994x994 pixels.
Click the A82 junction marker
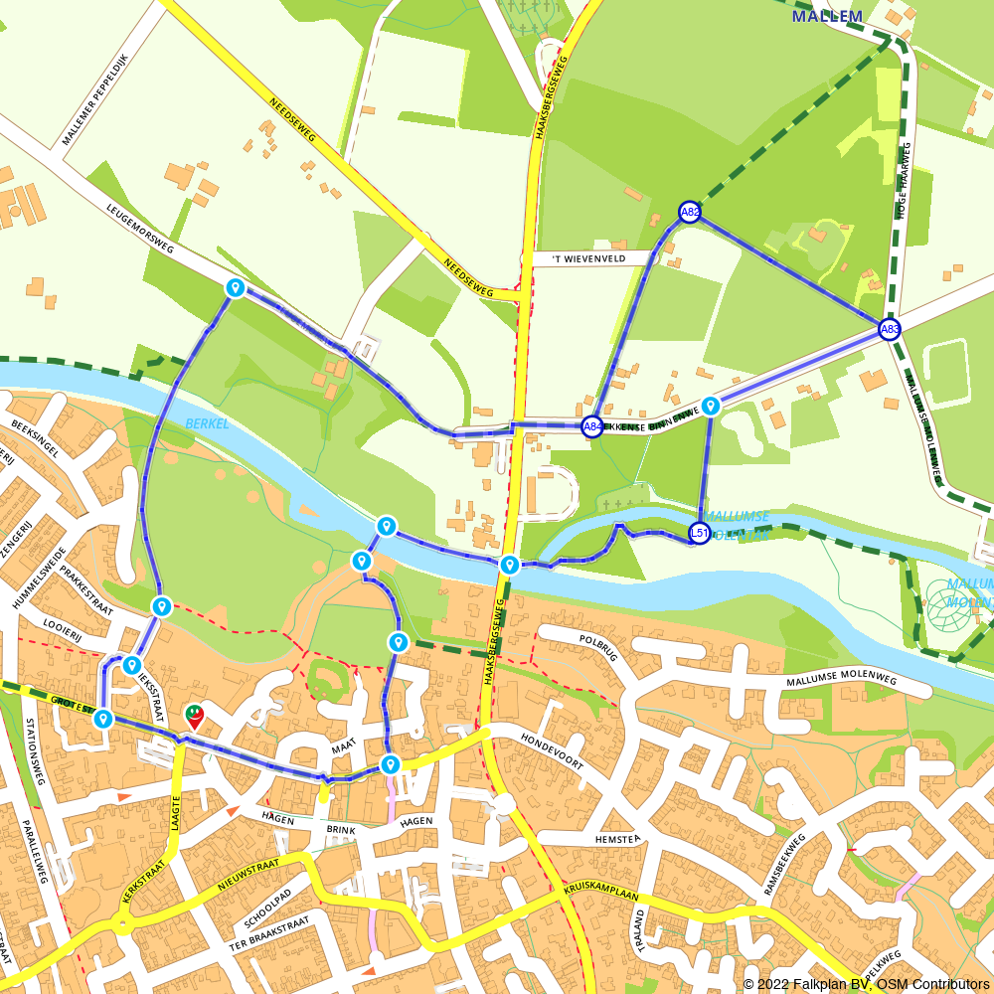click(690, 212)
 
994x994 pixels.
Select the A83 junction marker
click(890, 329)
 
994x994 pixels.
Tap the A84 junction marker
click(592, 426)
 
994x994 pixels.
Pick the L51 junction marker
click(700, 534)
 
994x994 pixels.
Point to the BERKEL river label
click(206, 423)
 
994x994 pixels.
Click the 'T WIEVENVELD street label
click(588, 258)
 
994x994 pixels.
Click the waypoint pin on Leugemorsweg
click(236, 288)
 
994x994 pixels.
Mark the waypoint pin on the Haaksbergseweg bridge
click(509, 565)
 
